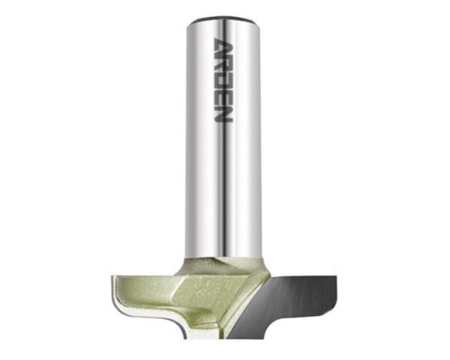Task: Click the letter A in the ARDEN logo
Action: pos(224,47)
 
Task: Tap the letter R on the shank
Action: pos(224,65)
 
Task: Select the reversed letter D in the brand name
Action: pos(224,82)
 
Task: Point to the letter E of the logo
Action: pos(224,97)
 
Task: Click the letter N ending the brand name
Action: pos(224,114)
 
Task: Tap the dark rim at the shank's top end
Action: pos(224,21)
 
